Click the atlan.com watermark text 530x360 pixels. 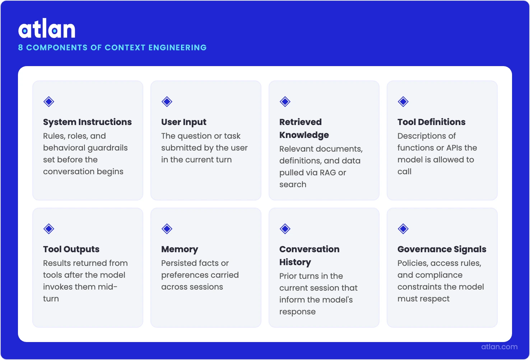click(x=499, y=347)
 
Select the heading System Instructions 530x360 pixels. click(x=87, y=122)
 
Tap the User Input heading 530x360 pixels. click(x=183, y=122)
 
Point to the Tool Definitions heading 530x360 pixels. click(x=431, y=122)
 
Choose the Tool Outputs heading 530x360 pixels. click(x=71, y=249)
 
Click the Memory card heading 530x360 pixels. click(x=180, y=249)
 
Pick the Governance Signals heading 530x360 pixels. click(x=442, y=249)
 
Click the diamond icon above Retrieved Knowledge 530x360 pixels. click(x=285, y=102)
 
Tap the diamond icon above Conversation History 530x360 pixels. click(x=285, y=229)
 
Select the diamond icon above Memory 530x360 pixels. click(x=167, y=229)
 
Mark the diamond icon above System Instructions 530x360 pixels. click(x=49, y=102)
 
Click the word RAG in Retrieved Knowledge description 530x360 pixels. click(x=328, y=173)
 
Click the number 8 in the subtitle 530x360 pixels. click(x=20, y=47)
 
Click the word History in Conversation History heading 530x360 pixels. click(x=295, y=262)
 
